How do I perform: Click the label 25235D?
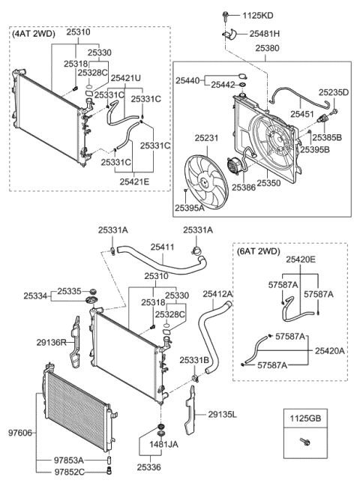335,92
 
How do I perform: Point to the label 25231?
209,139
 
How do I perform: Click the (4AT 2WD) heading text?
34,34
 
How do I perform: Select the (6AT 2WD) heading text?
260,252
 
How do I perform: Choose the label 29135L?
223,414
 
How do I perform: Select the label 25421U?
126,78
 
